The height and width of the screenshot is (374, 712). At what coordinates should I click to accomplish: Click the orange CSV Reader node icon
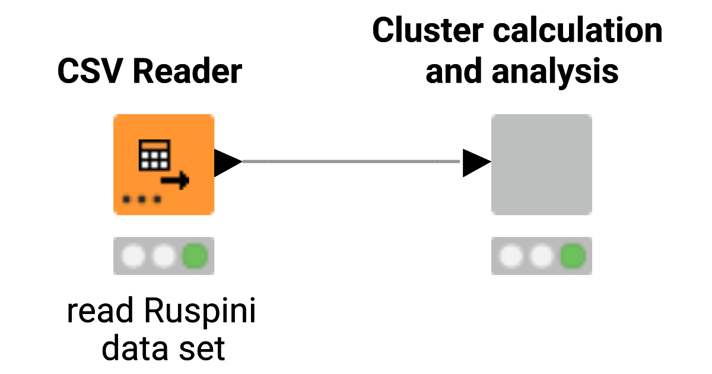(x=164, y=164)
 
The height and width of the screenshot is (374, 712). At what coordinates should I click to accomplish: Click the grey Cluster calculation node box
(x=541, y=164)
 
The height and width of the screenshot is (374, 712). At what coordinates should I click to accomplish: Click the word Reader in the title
(x=187, y=72)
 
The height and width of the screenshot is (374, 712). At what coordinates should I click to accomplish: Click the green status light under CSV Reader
(x=195, y=256)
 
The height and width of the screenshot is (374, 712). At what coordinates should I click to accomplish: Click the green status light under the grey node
(x=573, y=256)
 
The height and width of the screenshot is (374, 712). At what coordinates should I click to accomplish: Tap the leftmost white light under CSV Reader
(x=133, y=256)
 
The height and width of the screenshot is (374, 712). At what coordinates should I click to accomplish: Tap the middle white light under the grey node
(x=541, y=256)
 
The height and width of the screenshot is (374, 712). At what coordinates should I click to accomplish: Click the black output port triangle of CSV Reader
(x=226, y=162)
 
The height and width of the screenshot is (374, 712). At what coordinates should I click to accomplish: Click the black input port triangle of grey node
(x=475, y=162)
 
